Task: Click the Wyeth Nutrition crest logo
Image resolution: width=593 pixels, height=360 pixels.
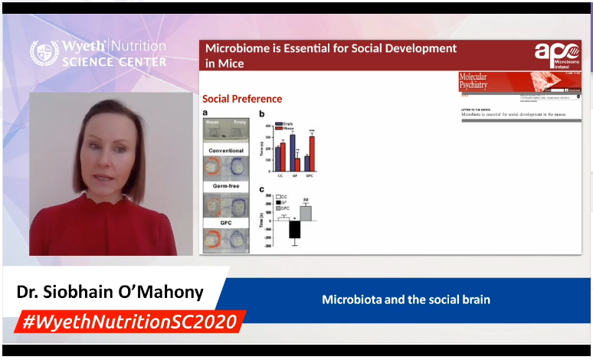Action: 44,53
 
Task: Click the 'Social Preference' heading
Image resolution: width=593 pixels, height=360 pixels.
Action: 242,99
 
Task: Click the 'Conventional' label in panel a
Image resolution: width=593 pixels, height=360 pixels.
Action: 226,151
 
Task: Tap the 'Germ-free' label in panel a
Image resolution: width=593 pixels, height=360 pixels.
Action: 226,186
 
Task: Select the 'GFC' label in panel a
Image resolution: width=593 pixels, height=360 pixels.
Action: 226,222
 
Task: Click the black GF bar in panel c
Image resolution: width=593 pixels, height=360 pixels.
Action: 294,230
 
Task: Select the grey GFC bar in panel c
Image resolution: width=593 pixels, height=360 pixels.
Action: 305,213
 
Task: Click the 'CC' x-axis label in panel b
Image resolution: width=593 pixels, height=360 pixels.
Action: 280,176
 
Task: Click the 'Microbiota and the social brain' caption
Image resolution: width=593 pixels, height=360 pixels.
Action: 406,299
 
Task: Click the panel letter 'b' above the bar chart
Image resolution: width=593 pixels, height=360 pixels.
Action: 261,114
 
